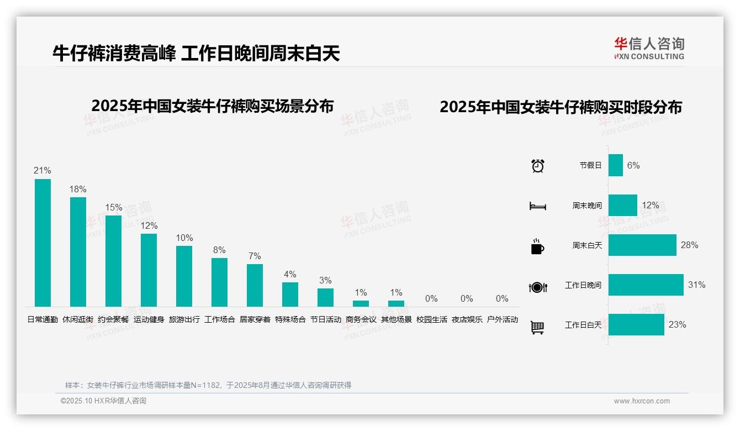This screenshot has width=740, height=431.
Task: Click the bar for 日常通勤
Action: [43, 243]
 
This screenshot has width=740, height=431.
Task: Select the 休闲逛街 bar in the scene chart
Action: [78, 252]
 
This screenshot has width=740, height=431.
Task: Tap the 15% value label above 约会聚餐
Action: [113, 208]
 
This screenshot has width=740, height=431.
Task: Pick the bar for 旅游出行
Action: [184, 276]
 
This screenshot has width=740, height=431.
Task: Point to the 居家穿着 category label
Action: [255, 319]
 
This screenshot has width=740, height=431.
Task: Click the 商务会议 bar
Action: [361, 303]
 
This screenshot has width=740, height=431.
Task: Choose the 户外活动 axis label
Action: [502, 319]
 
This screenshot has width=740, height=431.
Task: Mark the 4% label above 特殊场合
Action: [290, 274]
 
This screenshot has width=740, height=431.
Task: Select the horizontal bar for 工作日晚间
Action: [646, 285]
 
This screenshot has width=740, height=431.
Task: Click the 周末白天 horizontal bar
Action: [642, 245]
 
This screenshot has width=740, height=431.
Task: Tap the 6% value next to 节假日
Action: [633, 165]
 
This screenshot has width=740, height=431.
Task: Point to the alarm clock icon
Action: [537, 165]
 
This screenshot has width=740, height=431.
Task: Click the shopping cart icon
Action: [537, 327]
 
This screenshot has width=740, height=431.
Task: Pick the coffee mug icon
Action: [537, 246]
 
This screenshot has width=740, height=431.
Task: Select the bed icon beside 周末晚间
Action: [537, 206]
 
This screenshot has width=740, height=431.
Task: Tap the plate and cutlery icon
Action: [537, 287]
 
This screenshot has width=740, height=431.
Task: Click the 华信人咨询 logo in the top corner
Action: [649, 48]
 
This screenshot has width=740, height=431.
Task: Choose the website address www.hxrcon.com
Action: [642, 401]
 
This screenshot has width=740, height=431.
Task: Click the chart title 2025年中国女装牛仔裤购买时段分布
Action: [561, 107]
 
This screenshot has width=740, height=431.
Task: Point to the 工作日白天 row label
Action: [583, 325]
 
